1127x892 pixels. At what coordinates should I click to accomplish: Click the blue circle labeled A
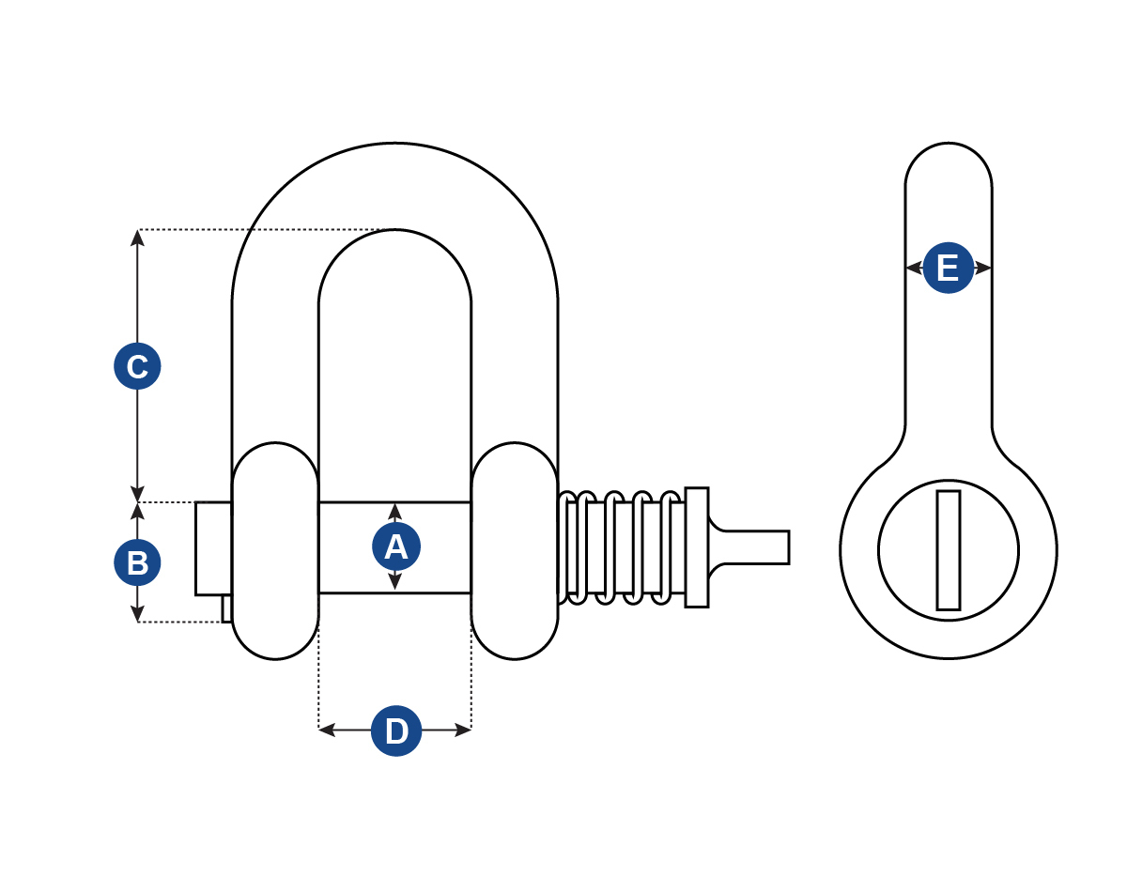pos(396,546)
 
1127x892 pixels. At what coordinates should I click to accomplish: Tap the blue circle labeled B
pos(137,563)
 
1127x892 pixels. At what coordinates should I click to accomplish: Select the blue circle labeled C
pos(137,366)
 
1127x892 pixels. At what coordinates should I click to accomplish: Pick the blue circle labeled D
pos(396,731)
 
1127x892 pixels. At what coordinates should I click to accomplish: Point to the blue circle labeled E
pos(948,268)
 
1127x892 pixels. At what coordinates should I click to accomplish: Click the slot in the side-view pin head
pos(949,550)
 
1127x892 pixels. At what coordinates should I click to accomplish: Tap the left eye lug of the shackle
pos(275,551)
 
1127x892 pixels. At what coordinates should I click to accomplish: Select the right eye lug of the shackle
pos(515,551)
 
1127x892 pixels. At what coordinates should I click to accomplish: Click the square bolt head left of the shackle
pos(213,548)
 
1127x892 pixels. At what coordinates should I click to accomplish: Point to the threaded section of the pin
pos(620,547)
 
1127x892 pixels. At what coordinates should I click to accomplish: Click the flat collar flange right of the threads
pos(697,547)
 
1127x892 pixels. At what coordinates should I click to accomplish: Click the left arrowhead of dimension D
pos(326,730)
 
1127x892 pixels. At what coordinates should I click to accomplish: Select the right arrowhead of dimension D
pos(464,730)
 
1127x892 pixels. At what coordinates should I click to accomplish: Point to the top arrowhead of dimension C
pos(137,237)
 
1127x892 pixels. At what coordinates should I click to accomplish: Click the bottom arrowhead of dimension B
pos(137,615)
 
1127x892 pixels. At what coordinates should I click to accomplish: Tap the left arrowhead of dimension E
pos(912,268)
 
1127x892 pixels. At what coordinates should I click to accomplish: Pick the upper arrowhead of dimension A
pos(395,511)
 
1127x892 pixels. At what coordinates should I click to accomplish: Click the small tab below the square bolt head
pos(226,608)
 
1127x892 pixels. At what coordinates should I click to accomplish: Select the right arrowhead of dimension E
pos(984,268)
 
